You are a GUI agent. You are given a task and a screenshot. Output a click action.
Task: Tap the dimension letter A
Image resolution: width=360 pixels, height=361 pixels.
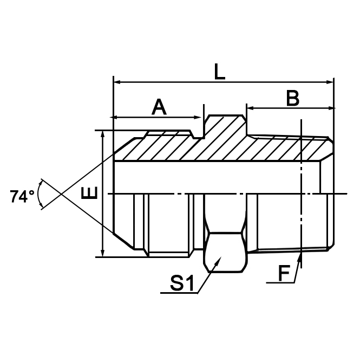159,107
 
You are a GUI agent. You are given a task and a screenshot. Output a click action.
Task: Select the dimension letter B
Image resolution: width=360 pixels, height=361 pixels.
292,98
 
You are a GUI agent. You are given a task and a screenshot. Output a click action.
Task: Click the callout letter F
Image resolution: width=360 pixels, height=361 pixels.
283,274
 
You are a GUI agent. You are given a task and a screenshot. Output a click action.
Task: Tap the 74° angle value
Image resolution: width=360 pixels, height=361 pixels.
22,196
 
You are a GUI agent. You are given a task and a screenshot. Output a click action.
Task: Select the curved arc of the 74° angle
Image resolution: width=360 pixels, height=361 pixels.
39,194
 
